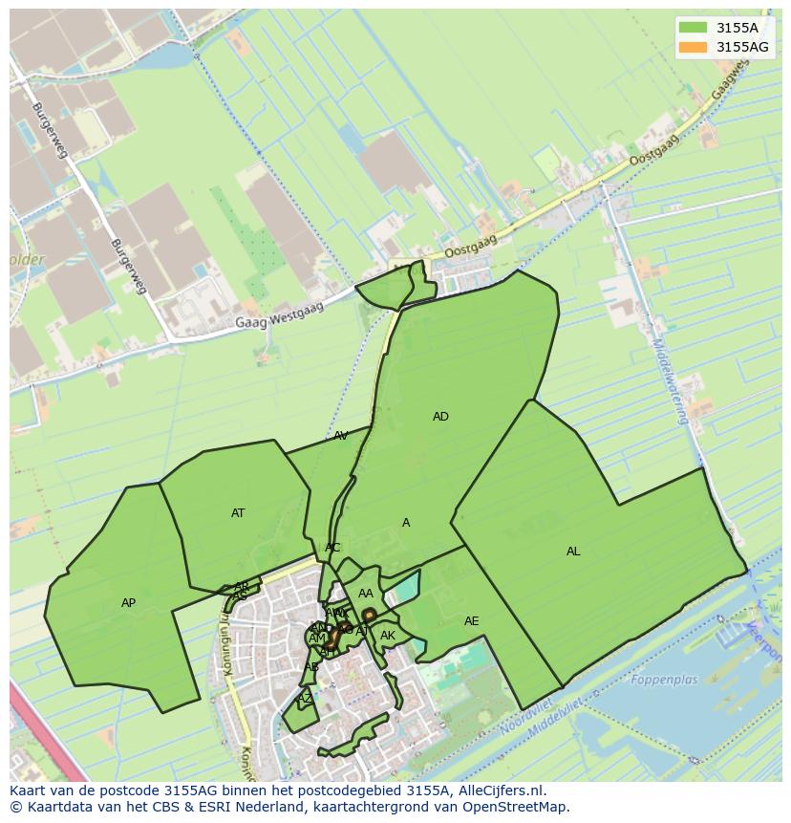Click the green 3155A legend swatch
(693, 28)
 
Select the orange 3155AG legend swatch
(693, 46)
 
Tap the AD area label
(440, 417)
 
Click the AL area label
(573, 552)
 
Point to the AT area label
(238, 513)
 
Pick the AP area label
(129, 603)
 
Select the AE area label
(471, 621)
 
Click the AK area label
(388, 636)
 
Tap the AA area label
(366, 594)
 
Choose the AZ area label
(305, 699)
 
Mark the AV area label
(341, 436)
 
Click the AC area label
(332, 548)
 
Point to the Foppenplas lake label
(664, 681)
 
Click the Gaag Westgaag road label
(280, 315)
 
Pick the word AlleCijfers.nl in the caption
(500, 791)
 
